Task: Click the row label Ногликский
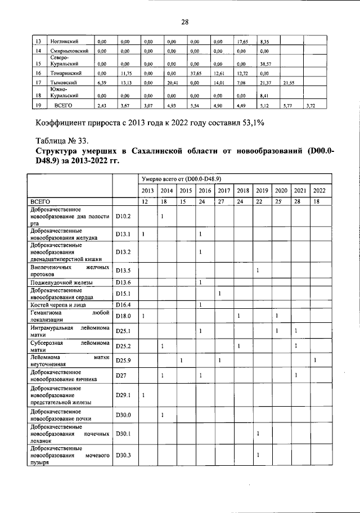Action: pos(64,42)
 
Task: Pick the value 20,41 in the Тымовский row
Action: pos(172,83)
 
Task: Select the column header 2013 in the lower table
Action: pos(148,191)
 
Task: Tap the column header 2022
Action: pos(319,191)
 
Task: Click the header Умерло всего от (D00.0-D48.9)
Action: pos(180,179)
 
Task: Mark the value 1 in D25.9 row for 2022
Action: pos(316,360)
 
